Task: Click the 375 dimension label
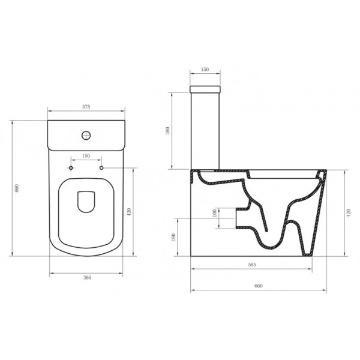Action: coord(86,107)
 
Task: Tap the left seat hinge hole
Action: coord(71,168)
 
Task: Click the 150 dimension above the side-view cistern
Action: coord(205,70)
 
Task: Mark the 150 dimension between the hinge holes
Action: coord(86,155)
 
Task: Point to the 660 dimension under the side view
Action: coord(259,287)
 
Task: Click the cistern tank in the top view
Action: coord(86,135)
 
